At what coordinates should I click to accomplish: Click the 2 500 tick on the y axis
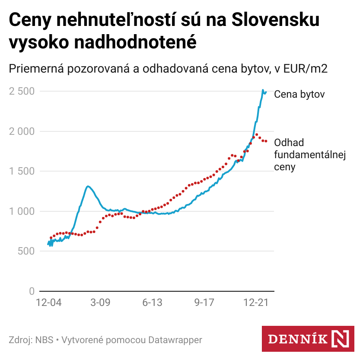click(x=22, y=91)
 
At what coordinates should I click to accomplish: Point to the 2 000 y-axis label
click(x=22, y=131)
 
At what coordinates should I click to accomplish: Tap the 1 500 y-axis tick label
click(x=22, y=171)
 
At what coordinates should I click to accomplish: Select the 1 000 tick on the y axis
click(x=22, y=211)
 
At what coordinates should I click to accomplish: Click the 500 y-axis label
click(x=26, y=251)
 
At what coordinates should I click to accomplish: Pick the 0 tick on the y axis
click(x=32, y=291)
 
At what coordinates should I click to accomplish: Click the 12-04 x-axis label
click(x=48, y=302)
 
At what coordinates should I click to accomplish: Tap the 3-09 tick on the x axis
click(x=100, y=302)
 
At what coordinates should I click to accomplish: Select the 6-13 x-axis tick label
click(x=152, y=302)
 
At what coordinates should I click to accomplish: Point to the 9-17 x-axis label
click(x=204, y=302)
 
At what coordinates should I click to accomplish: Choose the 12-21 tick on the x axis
click(x=256, y=302)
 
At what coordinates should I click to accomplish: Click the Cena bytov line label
click(x=299, y=94)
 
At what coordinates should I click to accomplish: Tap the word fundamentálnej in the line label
click(x=310, y=155)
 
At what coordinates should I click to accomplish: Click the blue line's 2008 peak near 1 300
click(x=87, y=186)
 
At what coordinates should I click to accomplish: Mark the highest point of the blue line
click(x=263, y=90)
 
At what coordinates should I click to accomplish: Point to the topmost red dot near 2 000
click(x=257, y=134)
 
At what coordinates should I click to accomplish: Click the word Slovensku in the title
click(x=276, y=19)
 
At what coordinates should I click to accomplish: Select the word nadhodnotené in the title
click(x=135, y=42)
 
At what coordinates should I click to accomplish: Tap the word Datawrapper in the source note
click(x=175, y=340)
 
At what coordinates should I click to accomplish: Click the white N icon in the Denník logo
click(x=340, y=339)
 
